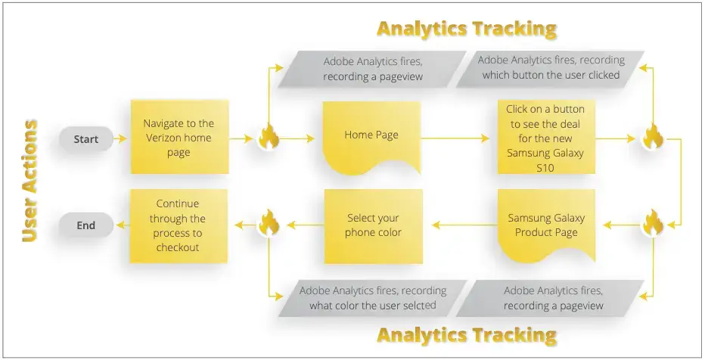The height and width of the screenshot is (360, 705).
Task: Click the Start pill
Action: pos(86,139)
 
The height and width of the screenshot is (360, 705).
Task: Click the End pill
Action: pos(86,225)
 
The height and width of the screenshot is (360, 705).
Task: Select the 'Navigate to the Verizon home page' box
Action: pos(179,138)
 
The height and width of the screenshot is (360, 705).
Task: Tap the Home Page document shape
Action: pos(371,136)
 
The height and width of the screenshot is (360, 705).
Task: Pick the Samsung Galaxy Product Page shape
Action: pos(545,225)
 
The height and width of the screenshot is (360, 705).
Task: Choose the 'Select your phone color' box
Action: pos(372,225)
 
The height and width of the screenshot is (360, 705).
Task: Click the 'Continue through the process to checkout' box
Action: pos(179,225)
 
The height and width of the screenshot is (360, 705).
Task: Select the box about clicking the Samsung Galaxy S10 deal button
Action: pos(545,138)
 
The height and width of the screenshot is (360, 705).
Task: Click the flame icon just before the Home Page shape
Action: pos(269,138)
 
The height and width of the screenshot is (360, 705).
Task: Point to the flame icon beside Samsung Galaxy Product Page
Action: pos(653,225)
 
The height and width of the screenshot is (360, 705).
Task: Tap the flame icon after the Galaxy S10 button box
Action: pos(653,138)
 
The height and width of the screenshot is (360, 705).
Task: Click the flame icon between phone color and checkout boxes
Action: pos(269,225)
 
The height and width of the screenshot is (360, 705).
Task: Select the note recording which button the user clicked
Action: pos(550,67)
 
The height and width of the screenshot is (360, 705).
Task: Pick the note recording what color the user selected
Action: pos(372,298)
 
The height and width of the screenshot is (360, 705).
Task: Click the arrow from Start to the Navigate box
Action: pos(122,139)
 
